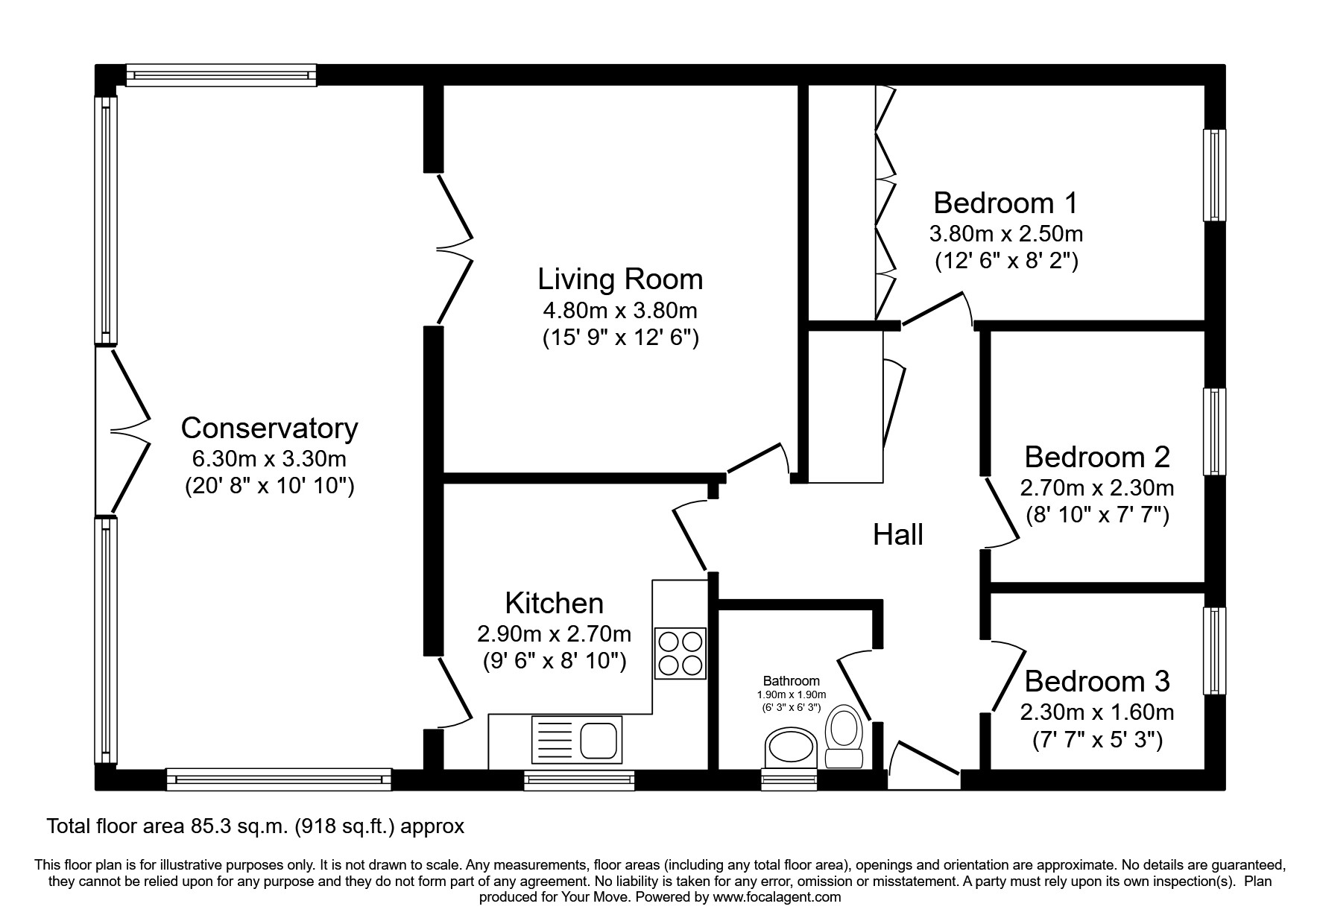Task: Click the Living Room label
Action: [620, 279]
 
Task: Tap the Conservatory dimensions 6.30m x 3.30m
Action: [269, 458]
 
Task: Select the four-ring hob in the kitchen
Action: [680, 653]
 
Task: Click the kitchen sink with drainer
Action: [576, 741]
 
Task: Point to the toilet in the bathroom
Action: [844, 735]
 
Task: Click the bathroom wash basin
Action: [791, 747]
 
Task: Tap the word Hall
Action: [898, 534]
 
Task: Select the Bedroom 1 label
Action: [1005, 203]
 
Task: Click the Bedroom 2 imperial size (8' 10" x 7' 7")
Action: [1097, 515]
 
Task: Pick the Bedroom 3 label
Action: [1097, 681]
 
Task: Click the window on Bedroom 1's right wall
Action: [1215, 175]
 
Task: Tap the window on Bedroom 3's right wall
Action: [1215, 651]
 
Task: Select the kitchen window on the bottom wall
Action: [579, 780]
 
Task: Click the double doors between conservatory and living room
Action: [453, 249]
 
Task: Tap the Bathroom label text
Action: [791, 680]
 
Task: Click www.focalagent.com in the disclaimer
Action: [776, 897]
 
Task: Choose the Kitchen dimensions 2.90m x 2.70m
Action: [554, 634]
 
